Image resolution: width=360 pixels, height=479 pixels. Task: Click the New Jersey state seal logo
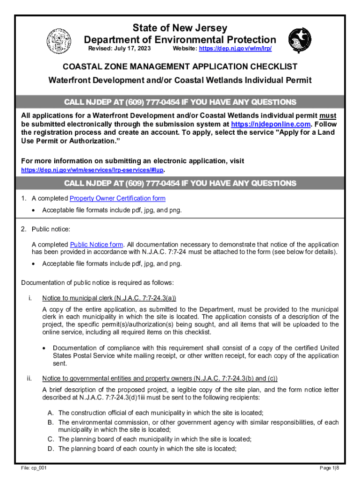coord(58,39)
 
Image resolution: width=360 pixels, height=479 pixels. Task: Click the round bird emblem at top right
coord(299,39)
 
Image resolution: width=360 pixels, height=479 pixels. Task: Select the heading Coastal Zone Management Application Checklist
coord(180,67)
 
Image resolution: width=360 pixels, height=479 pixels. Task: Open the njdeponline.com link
coord(271,124)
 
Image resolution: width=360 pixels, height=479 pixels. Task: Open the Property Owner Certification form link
coord(117,198)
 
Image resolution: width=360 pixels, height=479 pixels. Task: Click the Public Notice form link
coord(97,245)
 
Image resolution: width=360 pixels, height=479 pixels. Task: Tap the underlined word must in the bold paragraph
coord(328,116)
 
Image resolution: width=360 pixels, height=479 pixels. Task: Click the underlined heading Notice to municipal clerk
coord(109,298)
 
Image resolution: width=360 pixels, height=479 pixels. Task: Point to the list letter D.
coord(50,449)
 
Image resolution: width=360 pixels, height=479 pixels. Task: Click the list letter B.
coord(50,422)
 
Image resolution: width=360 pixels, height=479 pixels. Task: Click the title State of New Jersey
coord(180,28)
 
